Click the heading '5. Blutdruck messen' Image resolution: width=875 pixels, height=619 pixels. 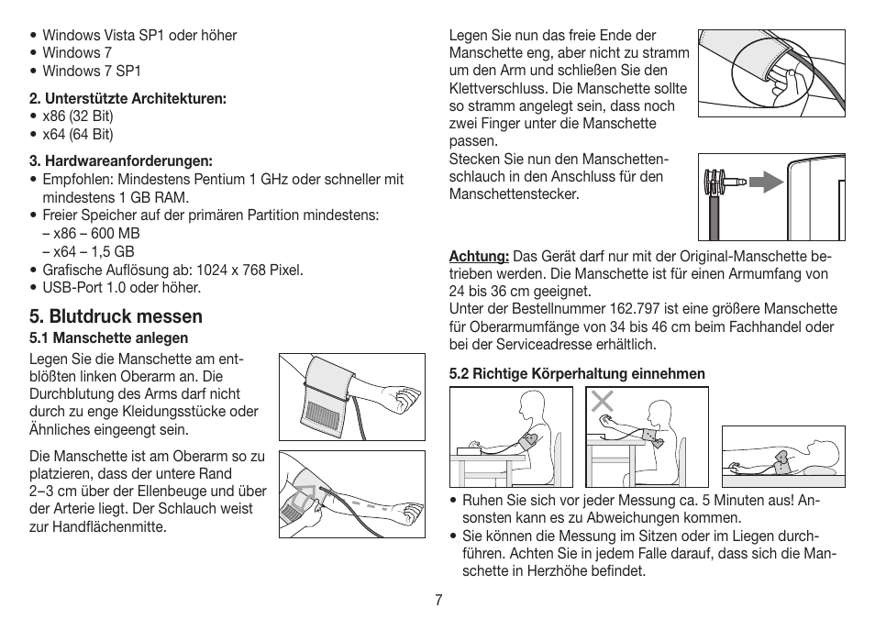pos(116,316)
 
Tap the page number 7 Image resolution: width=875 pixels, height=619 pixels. pos(439,600)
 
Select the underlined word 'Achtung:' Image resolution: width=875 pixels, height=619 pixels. pos(479,256)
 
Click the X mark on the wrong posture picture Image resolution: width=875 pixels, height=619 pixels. pos(602,401)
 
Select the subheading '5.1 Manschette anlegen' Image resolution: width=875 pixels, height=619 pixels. pos(108,338)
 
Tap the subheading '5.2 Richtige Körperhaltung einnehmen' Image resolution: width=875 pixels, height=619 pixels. pos(577,373)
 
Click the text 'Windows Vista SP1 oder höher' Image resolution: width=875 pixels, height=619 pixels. pos(139,36)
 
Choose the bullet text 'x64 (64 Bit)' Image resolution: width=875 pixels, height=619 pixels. pos(78,134)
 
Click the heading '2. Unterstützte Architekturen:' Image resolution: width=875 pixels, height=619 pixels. pos(127,98)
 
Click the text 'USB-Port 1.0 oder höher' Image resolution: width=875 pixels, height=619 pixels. pos(121,287)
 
